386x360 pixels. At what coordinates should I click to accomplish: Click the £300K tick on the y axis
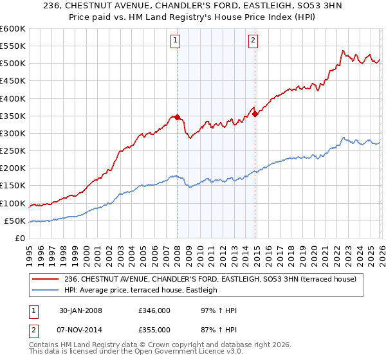pyautogui.click(x=13, y=134)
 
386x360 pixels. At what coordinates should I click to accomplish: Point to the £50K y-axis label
pyautogui.click(x=15, y=221)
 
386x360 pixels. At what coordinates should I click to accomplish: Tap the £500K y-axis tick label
pyautogui.click(x=13, y=64)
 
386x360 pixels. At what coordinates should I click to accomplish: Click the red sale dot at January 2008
pyautogui.click(x=178, y=118)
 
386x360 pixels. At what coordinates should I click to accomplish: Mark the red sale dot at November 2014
pyautogui.click(x=255, y=114)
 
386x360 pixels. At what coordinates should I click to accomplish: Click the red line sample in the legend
pyautogui.click(x=45, y=278)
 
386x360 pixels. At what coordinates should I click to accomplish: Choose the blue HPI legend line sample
pyautogui.click(x=45, y=290)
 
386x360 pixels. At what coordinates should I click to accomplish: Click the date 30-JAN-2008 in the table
pyautogui.click(x=87, y=310)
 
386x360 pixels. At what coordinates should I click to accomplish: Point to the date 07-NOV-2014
pyautogui.click(x=87, y=330)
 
